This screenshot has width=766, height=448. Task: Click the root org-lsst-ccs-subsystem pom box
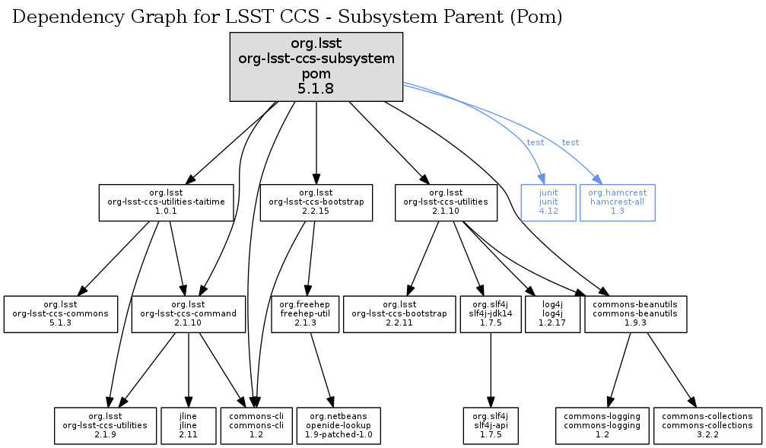316,66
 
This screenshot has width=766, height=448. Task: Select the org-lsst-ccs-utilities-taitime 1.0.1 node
167,202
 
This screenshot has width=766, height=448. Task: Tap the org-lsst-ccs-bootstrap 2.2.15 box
316,202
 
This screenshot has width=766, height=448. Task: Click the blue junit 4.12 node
548,202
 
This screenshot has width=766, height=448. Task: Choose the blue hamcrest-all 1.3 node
617,202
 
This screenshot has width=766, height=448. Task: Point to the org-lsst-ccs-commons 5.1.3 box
61,313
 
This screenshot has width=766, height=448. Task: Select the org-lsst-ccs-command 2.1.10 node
189,313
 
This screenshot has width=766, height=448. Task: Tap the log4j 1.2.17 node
553,313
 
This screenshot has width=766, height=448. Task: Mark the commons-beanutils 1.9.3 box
636,313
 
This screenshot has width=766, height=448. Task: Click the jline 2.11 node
188,425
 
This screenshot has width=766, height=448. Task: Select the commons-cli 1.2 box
251,425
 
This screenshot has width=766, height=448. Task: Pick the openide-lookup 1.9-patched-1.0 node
339,425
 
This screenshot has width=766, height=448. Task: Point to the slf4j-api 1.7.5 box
490,425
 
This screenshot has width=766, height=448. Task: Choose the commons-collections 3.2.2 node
707,425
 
